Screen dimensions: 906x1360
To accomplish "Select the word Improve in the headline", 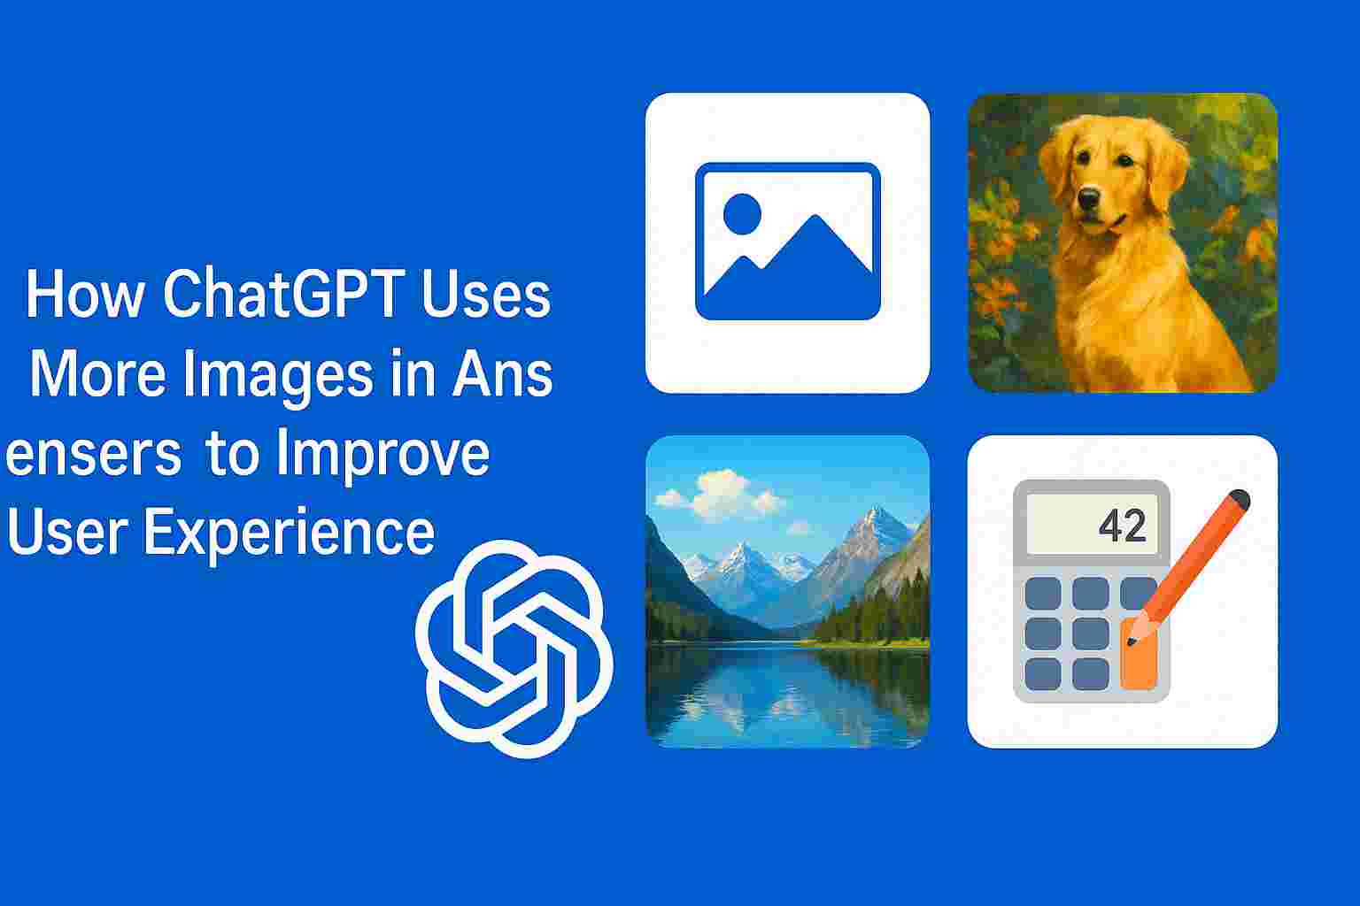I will coord(382,455).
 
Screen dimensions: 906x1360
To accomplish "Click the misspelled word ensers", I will coord(93,455).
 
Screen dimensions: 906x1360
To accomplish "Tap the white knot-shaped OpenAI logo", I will coord(514,648).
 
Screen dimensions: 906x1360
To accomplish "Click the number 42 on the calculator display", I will coord(1122,526).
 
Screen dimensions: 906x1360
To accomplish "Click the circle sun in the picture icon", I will coord(742,213).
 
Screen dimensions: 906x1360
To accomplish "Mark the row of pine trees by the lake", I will coord(872,615).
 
